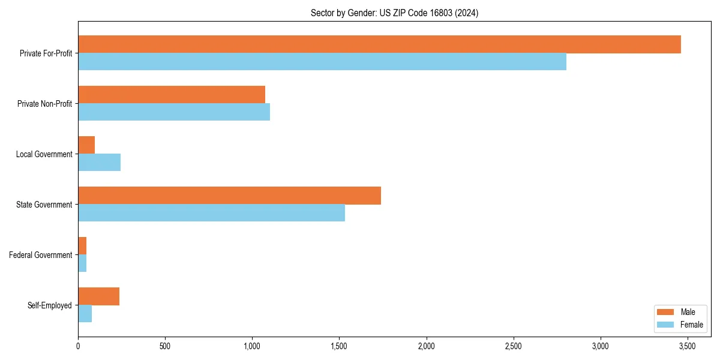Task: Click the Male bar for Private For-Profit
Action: pos(379,44)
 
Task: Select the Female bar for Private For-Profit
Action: pos(322,62)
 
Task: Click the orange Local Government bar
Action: pos(86,145)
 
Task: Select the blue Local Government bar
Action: pos(99,163)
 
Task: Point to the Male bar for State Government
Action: pos(229,196)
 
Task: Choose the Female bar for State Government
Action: pos(211,213)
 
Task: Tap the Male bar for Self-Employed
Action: pos(98,296)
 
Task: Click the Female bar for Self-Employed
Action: pos(85,314)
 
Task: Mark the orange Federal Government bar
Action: pos(82,246)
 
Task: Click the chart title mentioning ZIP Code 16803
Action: pos(394,13)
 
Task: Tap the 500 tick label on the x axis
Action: pos(165,347)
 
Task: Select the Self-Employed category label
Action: pos(50,305)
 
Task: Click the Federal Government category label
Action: pos(41,255)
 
